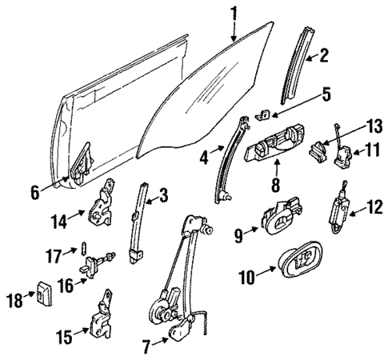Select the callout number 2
tap(324, 55)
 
